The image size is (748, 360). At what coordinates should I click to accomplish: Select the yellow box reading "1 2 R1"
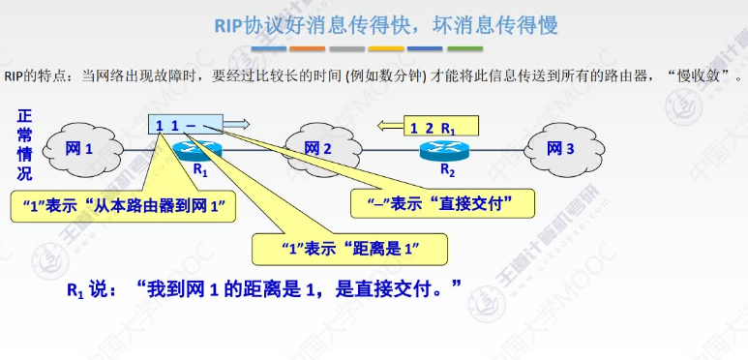pyautogui.click(x=433, y=127)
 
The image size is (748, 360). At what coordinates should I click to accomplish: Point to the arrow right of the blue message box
pyautogui.click(x=238, y=124)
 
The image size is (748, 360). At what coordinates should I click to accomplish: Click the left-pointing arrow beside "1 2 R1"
pyautogui.click(x=390, y=126)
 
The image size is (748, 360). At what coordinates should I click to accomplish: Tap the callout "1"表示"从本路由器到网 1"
pyautogui.click(x=127, y=203)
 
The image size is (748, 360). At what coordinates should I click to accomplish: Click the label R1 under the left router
pyautogui.click(x=201, y=169)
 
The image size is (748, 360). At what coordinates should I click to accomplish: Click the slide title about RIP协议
pyautogui.click(x=385, y=25)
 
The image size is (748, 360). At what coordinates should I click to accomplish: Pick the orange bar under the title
pyautogui.click(x=308, y=47)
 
